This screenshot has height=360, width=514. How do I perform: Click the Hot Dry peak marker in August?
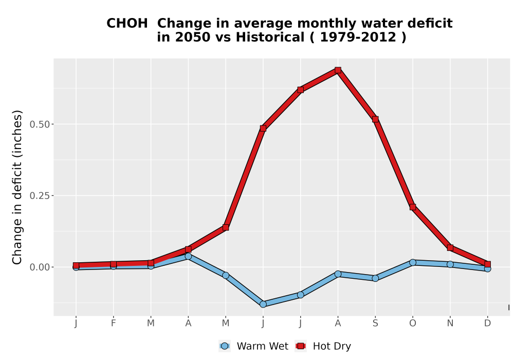[338, 70]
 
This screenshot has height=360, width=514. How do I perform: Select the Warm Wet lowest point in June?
[263, 304]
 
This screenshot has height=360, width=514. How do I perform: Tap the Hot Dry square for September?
[375, 119]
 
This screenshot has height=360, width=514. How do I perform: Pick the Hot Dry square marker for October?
[413, 207]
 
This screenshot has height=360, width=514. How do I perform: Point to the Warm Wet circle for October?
[413, 262]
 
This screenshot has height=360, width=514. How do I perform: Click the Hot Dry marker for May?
[226, 227]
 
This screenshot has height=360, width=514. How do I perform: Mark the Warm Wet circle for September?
[375, 278]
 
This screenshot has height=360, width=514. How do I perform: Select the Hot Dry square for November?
[450, 248]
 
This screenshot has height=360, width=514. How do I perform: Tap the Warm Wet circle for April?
[188, 256]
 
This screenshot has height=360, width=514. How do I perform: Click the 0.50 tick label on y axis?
[40, 124]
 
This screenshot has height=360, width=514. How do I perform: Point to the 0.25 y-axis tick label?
[40, 196]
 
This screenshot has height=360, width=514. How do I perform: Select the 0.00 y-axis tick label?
[40, 267]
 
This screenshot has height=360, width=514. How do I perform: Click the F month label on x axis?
[114, 323]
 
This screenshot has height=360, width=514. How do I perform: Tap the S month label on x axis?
[375, 323]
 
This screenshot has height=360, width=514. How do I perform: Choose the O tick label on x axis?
[413, 323]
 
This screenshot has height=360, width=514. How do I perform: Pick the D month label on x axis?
[487, 323]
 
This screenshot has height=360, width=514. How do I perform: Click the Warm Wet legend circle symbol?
[225, 346]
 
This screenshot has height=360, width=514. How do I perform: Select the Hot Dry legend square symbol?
[301, 346]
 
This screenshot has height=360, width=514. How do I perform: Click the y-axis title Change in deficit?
[17, 187]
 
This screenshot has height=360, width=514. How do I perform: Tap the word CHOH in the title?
[127, 23]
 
